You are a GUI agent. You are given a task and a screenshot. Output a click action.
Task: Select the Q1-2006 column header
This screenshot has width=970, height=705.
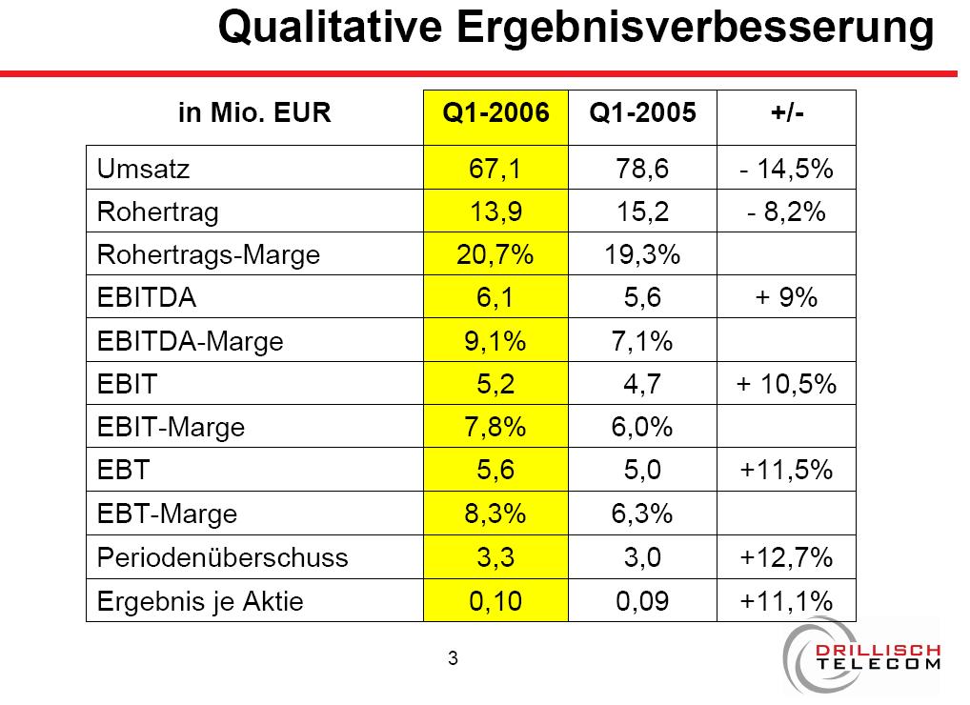[x=495, y=113]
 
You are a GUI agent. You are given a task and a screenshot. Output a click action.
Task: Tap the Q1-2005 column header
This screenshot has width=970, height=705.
[x=643, y=113]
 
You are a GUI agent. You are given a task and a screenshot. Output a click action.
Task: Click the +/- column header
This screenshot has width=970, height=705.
[x=786, y=113]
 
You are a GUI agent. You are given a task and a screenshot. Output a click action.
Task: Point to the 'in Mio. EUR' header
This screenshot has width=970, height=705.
[x=254, y=113]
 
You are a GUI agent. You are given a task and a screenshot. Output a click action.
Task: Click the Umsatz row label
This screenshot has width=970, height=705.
[x=144, y=170]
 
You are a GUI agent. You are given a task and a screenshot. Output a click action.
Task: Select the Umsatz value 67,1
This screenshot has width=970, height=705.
[x=495, y=170]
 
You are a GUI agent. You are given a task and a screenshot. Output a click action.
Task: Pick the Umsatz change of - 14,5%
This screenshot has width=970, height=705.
[x=786, y=170]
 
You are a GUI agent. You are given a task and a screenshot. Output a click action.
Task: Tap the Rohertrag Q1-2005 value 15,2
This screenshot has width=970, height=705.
[x=643, y=212]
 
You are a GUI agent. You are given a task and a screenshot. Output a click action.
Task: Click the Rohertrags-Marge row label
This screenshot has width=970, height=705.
[x=209, y=255]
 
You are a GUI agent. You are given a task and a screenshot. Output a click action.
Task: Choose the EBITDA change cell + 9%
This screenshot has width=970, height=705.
[x=786, y=298]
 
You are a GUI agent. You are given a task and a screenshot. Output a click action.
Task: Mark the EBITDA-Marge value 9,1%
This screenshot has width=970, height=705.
[x=495, y=341]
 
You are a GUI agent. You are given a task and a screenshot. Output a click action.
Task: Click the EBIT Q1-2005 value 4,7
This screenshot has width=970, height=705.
[x=643, y=384]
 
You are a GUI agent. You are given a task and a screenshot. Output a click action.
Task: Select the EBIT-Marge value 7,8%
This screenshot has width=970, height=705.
[x=495, y=427]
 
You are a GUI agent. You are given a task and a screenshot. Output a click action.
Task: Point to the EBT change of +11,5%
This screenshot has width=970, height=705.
[x=786, y=470]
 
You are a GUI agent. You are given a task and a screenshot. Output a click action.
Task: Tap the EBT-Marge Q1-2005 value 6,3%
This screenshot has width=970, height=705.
[x=643, y=514]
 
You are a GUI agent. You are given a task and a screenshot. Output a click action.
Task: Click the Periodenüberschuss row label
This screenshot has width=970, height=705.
[x=222, y=557]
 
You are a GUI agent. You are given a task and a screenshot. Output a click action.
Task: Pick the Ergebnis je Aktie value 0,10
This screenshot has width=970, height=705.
[x=495, y=601]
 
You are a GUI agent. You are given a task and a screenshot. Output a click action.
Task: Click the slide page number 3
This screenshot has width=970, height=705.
[x=453, y=657]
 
